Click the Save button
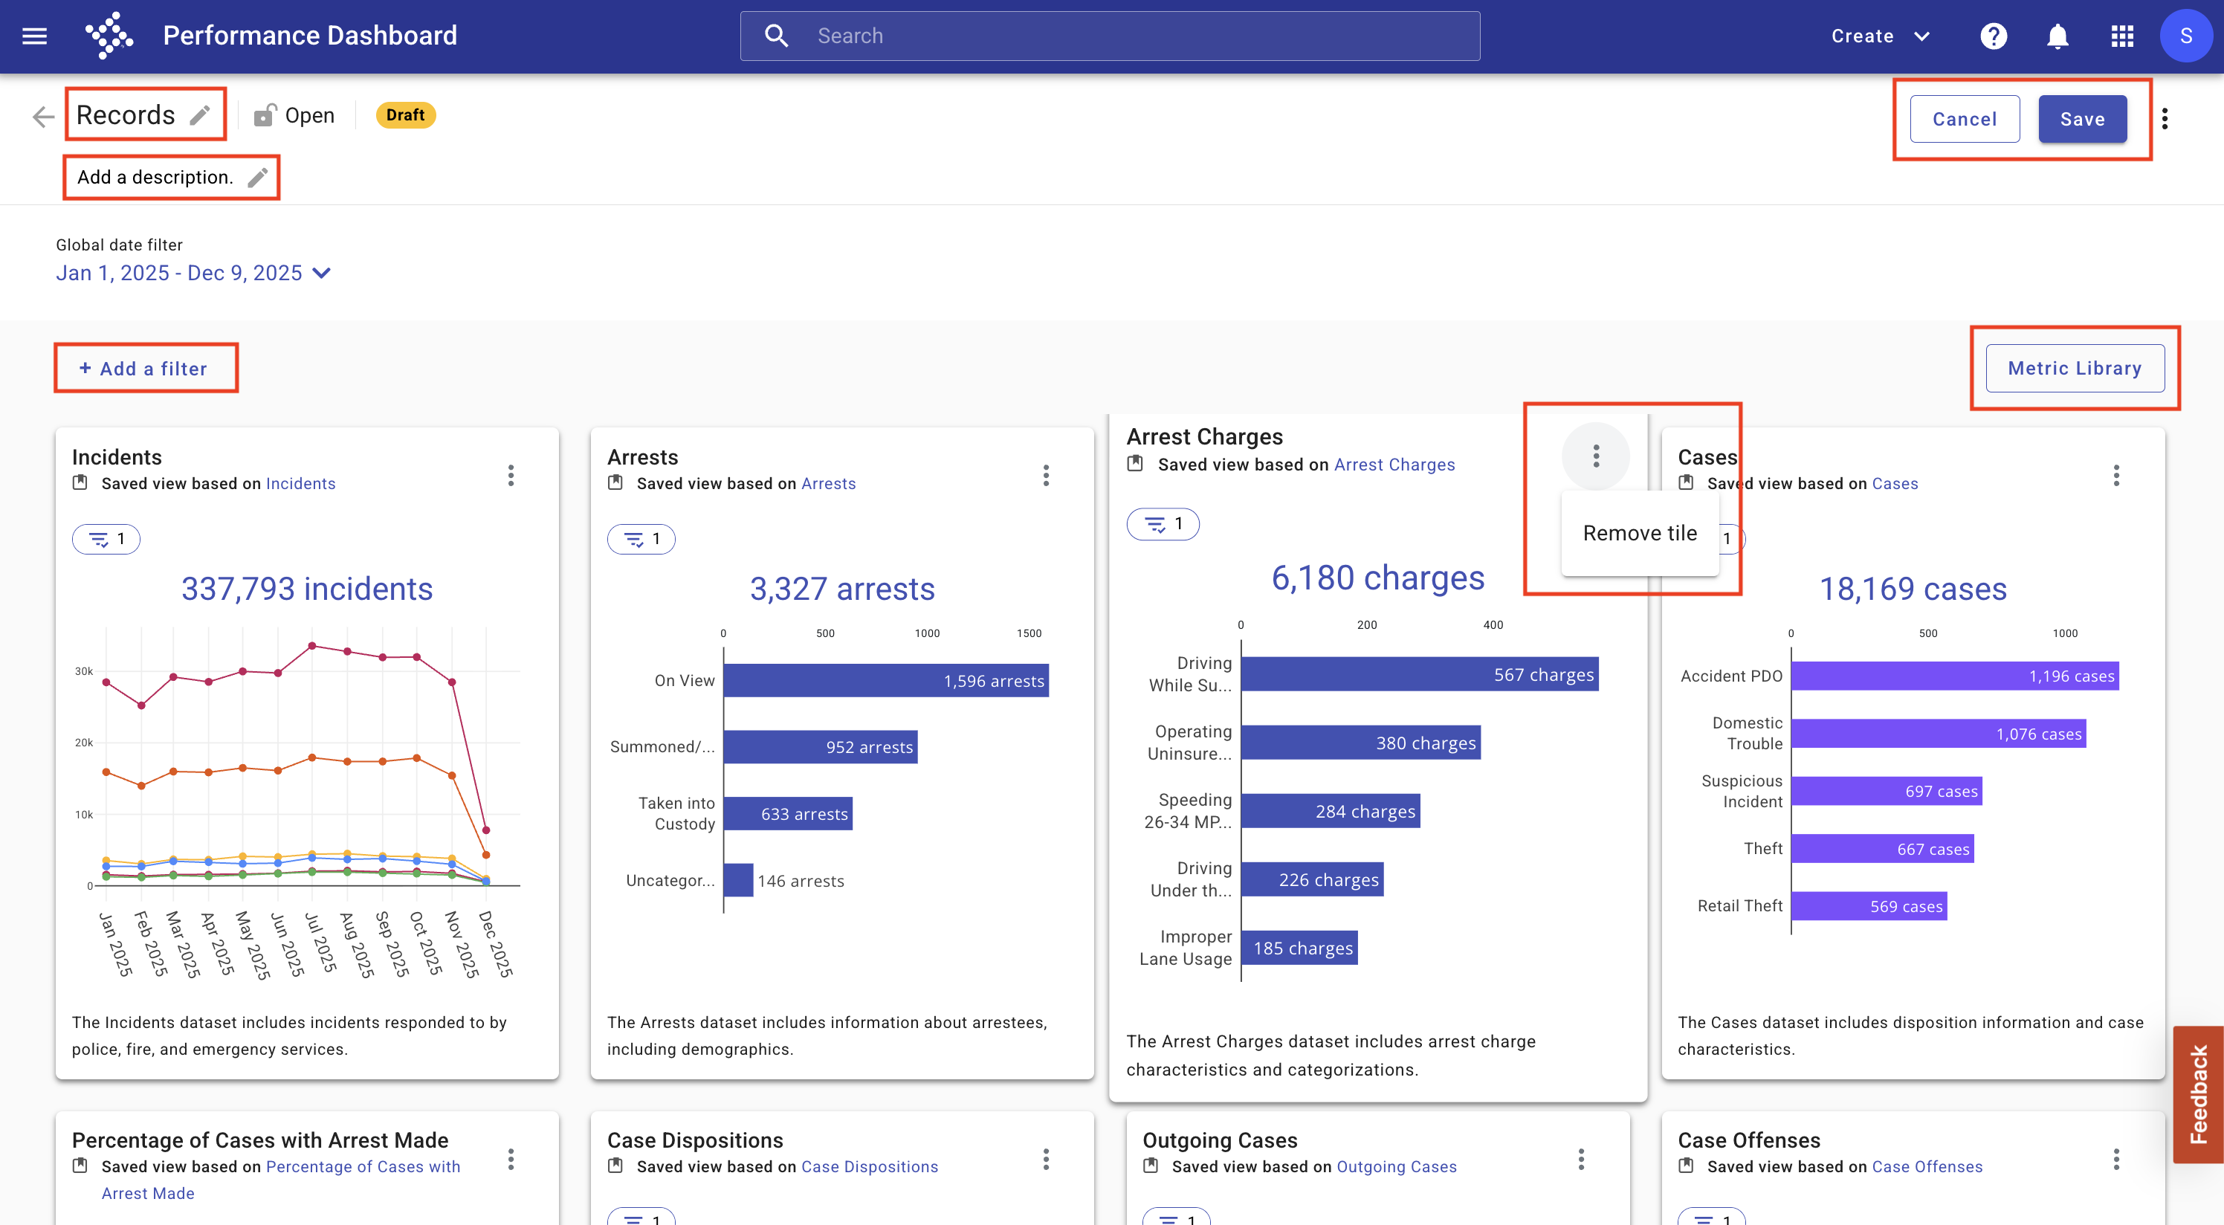click(2083, 119)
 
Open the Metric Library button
click(2075, 369)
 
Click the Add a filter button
click(143, 369)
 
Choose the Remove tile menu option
click(1640, 534)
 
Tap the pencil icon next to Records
click(200, 114)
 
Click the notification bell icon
click(2057, 36)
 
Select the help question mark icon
click(1994, 36)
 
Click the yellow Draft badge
click(406, 114)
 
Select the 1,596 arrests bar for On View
click(886, 680)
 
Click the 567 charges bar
click(1419, 674)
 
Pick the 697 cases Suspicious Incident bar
click(1887, 791)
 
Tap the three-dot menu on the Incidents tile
click(511, 476)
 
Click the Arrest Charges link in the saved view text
click(1394, 465)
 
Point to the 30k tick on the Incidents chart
click(84, 670)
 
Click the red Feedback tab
click(2198, 1093)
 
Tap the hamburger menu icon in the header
click(34, 36)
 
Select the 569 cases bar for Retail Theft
click(1869, 905)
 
